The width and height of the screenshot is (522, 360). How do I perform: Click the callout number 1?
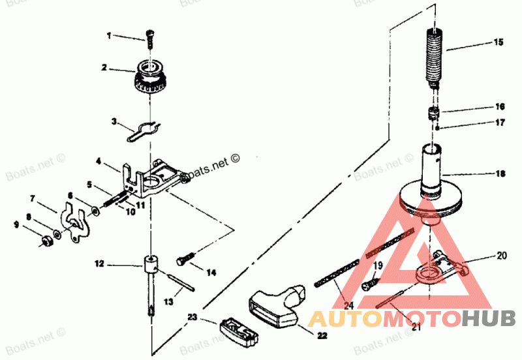coord(109,35)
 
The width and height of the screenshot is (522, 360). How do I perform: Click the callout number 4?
coord(98,160)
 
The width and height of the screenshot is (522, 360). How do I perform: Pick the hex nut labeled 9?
coord(45,241)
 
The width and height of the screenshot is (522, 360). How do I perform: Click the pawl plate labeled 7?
coord(76,222)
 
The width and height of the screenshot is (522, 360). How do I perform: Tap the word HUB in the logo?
coord(489,319)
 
